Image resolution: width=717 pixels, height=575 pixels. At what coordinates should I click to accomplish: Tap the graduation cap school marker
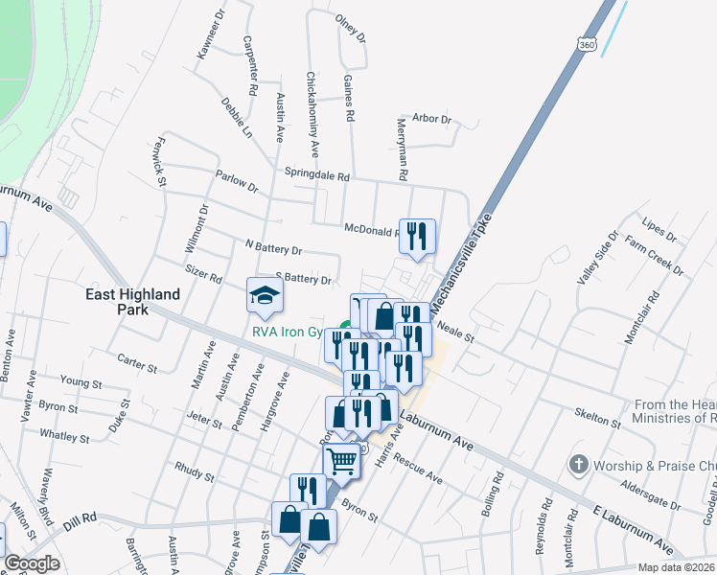click(x=266, y=295)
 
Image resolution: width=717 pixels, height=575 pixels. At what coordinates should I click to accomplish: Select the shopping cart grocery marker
click(x=342, y=462)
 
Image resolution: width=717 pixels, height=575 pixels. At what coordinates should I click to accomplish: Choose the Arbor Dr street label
click(x=431, y=119)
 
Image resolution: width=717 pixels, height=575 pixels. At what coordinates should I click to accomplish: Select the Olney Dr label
click(x=351, y=30)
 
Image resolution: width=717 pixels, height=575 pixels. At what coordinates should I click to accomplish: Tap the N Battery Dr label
click(x=273, y=248)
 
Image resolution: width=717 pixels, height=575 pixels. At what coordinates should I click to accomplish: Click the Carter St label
click(x=137, y=364)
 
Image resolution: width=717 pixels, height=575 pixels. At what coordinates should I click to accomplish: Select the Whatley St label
click(x=64, y=437)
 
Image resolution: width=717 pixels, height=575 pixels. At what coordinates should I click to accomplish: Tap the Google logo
click(x=32, y=563)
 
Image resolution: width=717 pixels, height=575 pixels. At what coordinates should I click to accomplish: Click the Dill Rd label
click(x=81, y=524)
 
